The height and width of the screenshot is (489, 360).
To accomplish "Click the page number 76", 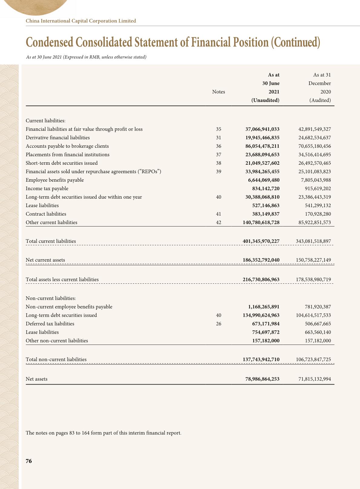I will tap(29, 461).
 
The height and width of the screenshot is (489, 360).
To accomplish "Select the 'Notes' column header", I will tap(218, 92).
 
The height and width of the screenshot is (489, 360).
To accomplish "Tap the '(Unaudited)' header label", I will tap(265, 100).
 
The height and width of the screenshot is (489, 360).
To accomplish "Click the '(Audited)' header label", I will tap(320, 100).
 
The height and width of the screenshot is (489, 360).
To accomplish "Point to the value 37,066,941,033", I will tap(262, 129).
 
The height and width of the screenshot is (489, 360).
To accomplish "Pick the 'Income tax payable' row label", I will tap(47, 189).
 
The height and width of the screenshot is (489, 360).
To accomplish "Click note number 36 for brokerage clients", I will tap(218, 146).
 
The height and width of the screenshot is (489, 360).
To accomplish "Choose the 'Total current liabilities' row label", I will tap(51, 241).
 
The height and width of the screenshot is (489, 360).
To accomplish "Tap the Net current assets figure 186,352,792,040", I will tap(261, 260).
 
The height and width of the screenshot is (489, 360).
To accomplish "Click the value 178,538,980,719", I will tap(313, 279).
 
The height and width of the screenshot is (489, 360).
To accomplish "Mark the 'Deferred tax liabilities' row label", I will tap(50, 324).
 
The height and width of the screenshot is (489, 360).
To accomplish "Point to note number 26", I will tap(218, 324).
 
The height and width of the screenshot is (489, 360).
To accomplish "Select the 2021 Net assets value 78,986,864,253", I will tap(262, 379).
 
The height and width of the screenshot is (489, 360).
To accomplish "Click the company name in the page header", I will tap(81, 21).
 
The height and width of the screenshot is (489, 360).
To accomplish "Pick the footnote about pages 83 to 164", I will tap(103, 433).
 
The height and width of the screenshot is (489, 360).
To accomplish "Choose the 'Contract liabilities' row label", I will tap(46, 214).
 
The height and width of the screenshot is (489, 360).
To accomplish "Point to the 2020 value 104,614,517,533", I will tap(313, 315).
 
